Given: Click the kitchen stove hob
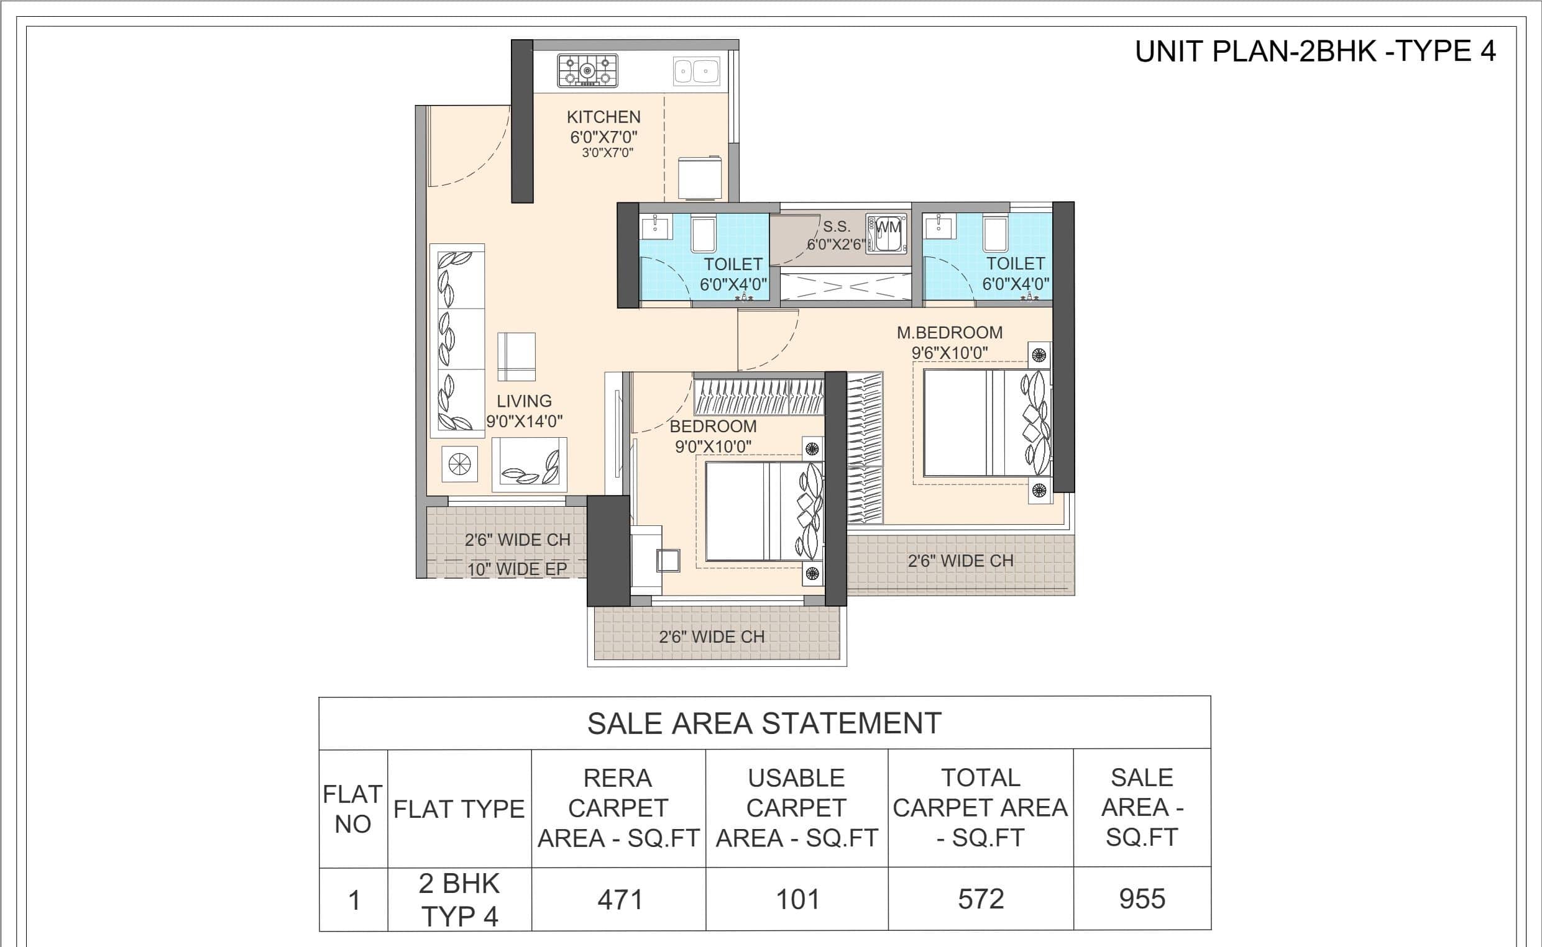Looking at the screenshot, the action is click(x=588, y=71).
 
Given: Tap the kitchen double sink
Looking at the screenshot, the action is click(x=696, y=71).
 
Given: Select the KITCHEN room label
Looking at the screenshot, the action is click(x=603, y=117).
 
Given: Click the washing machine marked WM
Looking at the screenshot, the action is click(x=887, y=234).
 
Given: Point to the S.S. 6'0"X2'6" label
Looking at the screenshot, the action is click(x=836, y=235).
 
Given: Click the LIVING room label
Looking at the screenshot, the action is click(x=524, y=401).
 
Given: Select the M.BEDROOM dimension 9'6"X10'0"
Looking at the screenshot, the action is click(x=950, y=353).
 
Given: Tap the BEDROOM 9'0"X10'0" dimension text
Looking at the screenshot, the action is click(x=714, y=446).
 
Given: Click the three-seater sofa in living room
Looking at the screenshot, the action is click(x=457, y=341).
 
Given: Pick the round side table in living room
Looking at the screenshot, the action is click(x=459, y=464).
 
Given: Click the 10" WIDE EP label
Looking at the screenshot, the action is click(x=517, y=569).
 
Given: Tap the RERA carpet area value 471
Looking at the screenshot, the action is click(x=620, y=900).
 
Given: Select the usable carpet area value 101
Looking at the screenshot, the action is click(x=797, y=899).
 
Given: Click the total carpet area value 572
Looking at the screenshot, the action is click(x=981, y=899).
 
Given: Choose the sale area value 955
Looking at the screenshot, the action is click(x=1142, y=899).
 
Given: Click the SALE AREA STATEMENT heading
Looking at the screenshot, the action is click(x=764, y=723).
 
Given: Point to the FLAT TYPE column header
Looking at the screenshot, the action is click(x=459, y=809).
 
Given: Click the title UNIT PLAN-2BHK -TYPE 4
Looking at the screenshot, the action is click(x=1315, y=52).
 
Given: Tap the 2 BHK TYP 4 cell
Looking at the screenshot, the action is click(x=459, y=900).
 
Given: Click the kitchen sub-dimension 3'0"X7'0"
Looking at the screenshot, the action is click(x=607, y=153).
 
